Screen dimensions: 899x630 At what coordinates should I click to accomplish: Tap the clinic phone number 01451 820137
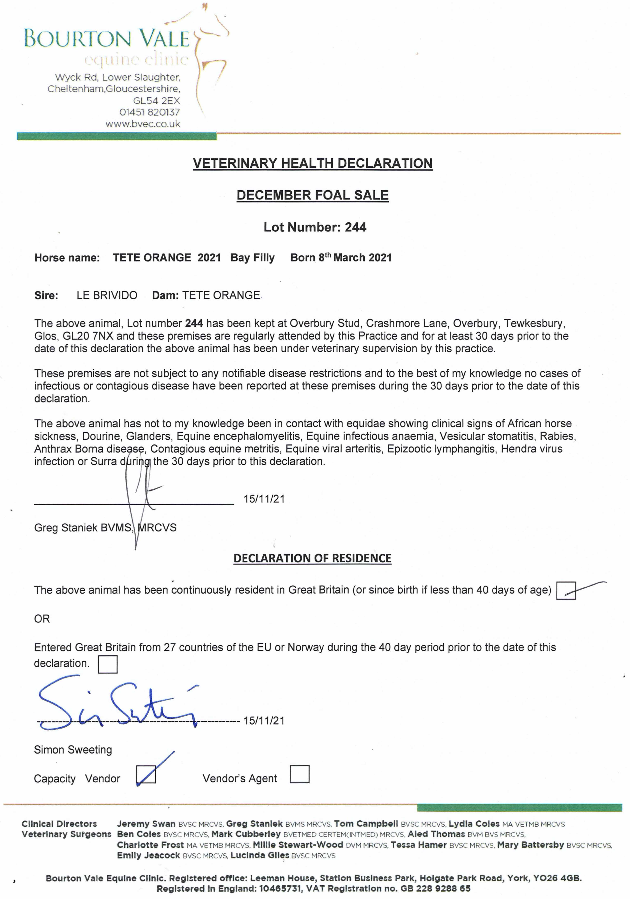tap(150, 112)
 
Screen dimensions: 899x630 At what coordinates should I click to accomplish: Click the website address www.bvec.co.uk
tap(143, 124)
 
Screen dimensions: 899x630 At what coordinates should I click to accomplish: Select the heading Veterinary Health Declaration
tap(313, 163)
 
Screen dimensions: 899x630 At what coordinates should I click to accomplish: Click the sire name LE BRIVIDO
tap(107, 295)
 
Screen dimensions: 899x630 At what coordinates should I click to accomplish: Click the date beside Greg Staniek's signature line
tap(264, 499)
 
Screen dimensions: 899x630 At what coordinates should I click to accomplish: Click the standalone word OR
tap(42, 619)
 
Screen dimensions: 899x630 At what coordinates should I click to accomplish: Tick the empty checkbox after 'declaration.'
tap(108, 665)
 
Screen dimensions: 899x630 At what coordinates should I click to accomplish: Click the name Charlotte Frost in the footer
tap(150, 845)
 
